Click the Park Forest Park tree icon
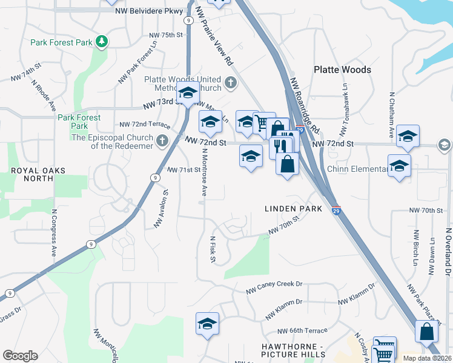click(x=103, y=41)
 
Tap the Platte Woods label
click(x=342, y=70)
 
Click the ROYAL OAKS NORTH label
click(x=38, y=175)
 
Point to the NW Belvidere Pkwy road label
click(x=152, y=11)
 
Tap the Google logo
click(x=20, y=356)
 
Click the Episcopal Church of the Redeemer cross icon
click(x=161, y=142)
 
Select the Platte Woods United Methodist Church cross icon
click(x=230, y=83)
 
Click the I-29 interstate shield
click(x=336, y=211)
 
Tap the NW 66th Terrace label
click(x=302, y=331)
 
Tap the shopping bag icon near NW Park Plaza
click(x=426, y=332)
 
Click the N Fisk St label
click(x=213, y=250)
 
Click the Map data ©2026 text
click(x=427, y=358)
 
